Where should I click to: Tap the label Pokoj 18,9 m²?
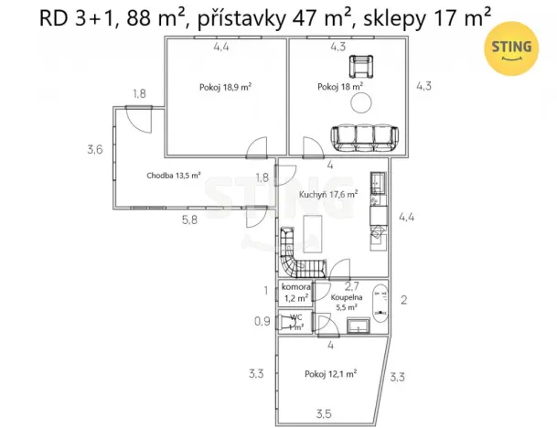point(225,88)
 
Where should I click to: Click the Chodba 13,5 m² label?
point(173,176)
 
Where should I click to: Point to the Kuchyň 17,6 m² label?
point(327,194)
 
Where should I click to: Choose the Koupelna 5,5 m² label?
point(347,303)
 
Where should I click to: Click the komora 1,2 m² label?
point(295,292)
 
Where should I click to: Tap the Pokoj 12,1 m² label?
point(331,373)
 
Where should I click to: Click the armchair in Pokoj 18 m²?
point(364,65)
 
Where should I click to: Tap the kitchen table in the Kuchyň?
point(313,233)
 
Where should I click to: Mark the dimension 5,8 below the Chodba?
point(187,219)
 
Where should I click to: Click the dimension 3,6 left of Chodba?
point(95,150)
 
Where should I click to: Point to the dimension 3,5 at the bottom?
point(325,414)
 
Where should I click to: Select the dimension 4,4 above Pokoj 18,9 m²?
point(223,46)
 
